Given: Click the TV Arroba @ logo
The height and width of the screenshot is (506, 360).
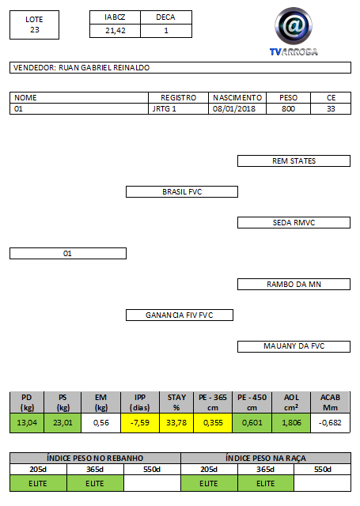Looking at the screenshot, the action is pyautogui.click(x=294, y=32).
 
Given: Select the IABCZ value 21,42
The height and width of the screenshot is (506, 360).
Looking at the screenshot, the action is pyautogui.click(x=116, y=31).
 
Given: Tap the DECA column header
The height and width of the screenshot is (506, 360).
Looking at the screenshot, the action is pyautogui.click(x=166, y=17).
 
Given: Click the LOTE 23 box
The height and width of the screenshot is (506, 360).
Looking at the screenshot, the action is pyautogui.click(x=34, y=25).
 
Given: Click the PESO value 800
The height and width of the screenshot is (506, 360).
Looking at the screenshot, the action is pyautogui.click(x=288, y=109).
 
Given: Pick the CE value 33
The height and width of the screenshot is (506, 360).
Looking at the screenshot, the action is pyautogui.click(x=331, y=109).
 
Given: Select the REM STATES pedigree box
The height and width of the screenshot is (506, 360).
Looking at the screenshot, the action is pyautogui.click(x=294, y=161).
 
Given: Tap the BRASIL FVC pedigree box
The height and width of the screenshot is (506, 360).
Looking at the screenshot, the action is pyautogui.click(x=182, y=191).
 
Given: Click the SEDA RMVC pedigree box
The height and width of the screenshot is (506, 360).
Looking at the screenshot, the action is pyautogui.click(x=294, y=223).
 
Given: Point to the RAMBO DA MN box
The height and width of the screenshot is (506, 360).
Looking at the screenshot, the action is pyautogui.click(x=294, y=285).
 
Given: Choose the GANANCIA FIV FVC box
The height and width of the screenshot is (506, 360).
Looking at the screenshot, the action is pyautogui.click(x=180, y=315).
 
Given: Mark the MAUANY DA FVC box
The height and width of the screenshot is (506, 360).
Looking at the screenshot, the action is pyautogui.click(x=294, y=346).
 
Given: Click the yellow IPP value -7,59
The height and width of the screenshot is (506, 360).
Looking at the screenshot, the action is pyautogui.click(x=140, y=423).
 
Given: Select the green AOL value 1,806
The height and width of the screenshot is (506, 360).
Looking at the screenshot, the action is pyautogui.click(x=291, y=423).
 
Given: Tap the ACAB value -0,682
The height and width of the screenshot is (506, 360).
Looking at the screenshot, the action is pyautogui.click(x=330, y=423).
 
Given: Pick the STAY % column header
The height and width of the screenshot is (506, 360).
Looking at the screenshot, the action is pyautogui.click(x=176, y=402).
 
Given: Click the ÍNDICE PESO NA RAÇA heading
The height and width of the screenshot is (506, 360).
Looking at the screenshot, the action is pyautogui.click(x=266, y=459).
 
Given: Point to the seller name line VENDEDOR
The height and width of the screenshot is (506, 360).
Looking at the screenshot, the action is pyautogui.click(x=180, y=68).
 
